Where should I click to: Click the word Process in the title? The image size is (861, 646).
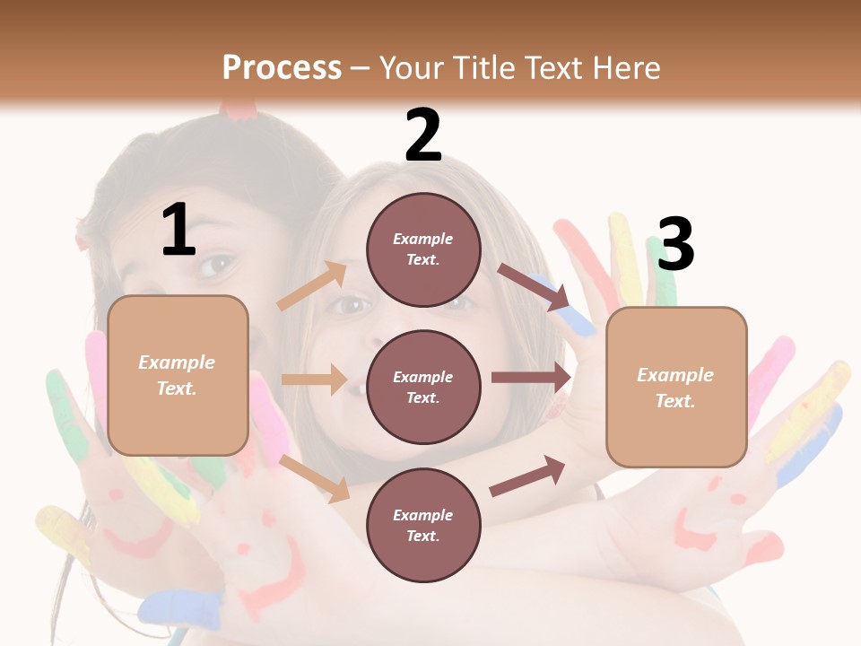(x=282, y=68)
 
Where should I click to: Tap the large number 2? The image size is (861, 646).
(x=423, y=136)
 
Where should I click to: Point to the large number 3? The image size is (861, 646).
(x=675, y=245)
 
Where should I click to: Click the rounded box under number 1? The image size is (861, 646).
(x=178, y=375)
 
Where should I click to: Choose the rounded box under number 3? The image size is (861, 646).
(x=676, y=387)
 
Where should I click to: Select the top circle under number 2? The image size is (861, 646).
(x=423, y=249)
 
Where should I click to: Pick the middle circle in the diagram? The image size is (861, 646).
(x=423, y=387)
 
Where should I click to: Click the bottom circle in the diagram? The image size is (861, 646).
(x=423, y=525)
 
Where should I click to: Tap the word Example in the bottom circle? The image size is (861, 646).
(x=423, y=515)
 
